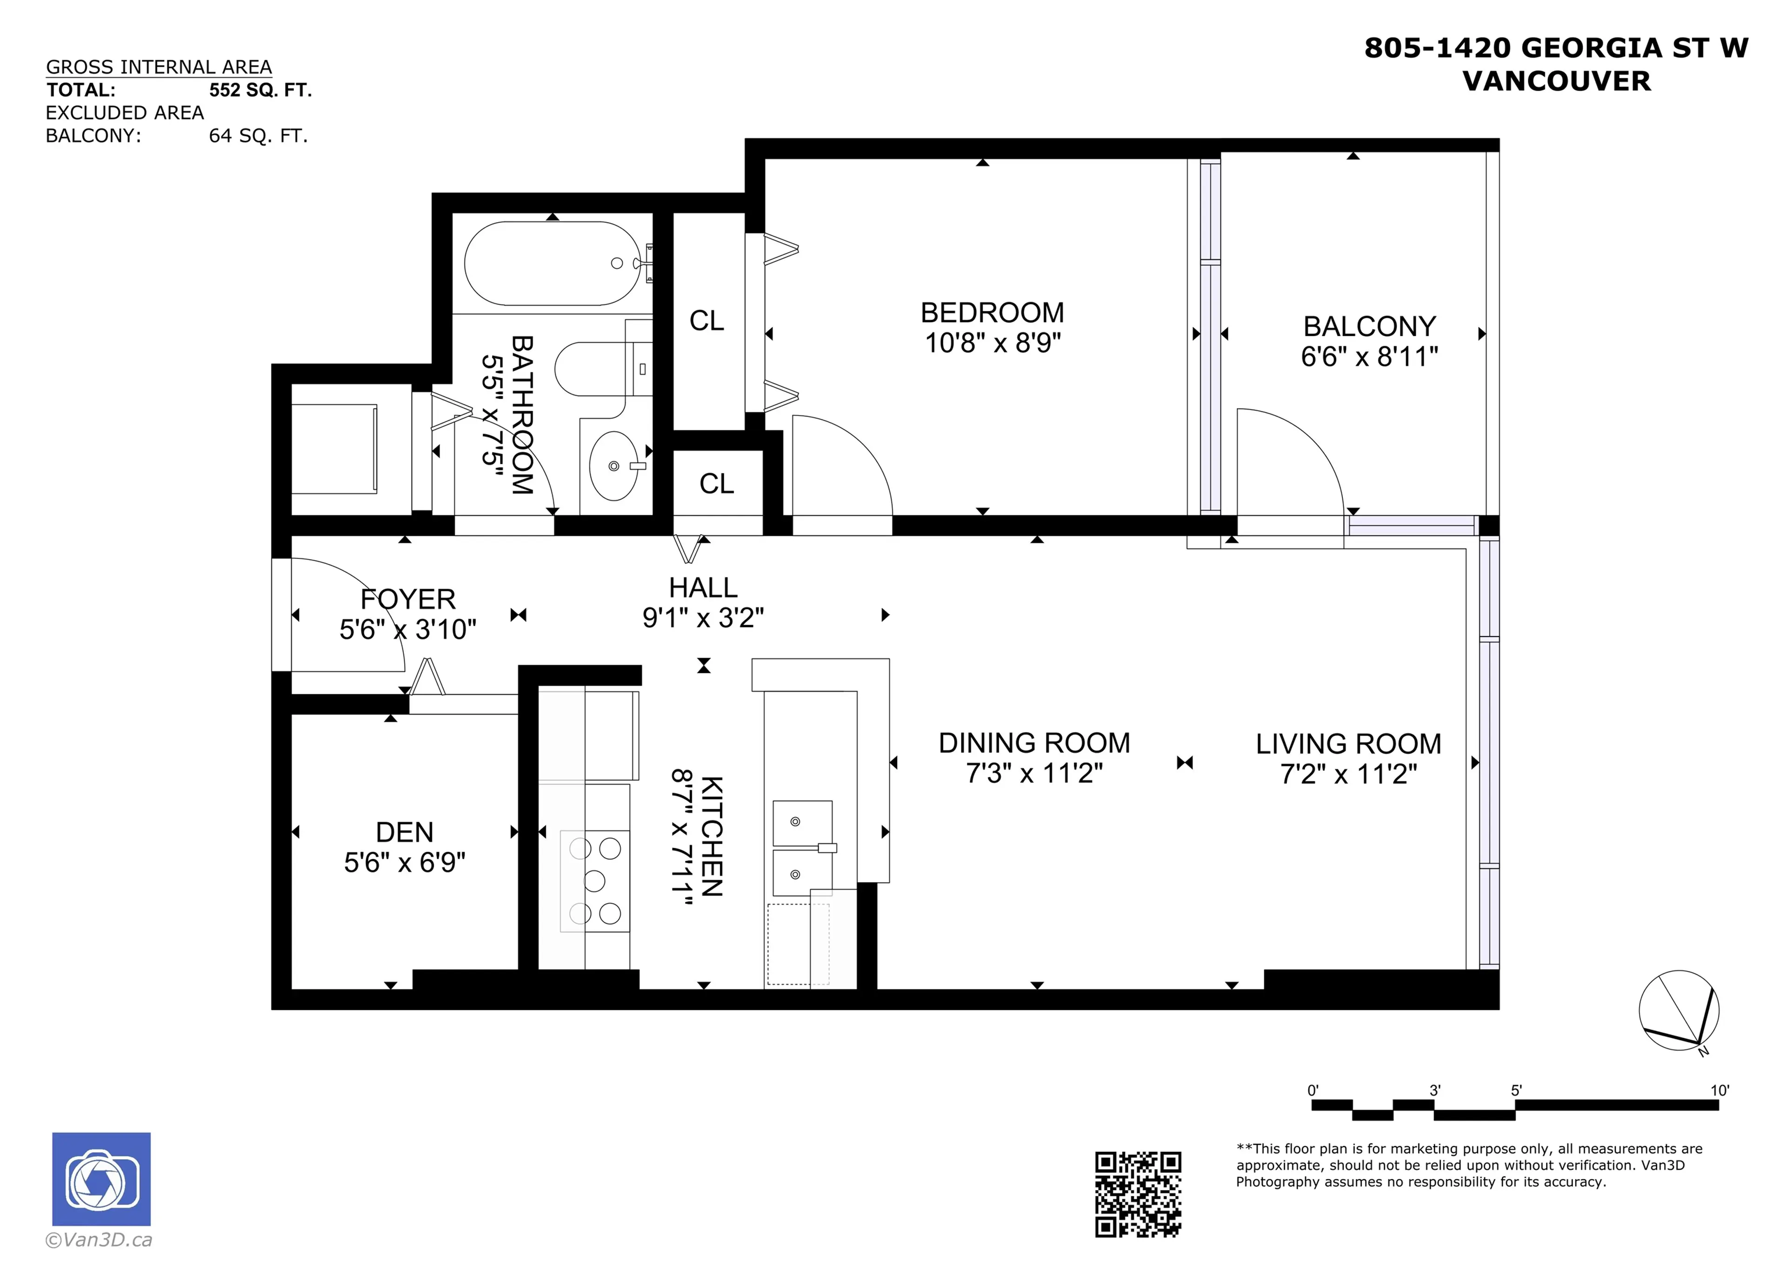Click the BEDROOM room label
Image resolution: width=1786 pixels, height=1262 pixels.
point(992,312)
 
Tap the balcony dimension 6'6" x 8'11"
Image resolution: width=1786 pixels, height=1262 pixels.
point(1369,357)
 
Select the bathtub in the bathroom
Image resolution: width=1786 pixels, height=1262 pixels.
point(552,264)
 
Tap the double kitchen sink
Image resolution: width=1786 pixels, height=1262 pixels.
point(802,848)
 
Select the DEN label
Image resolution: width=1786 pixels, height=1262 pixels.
point(405,832)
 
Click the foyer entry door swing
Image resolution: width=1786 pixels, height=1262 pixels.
point(350,614)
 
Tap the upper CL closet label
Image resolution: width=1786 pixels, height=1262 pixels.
point(706,320)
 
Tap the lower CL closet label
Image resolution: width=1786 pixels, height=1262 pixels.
point(716,483)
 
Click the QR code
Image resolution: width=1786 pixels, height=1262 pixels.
point(1138,1194)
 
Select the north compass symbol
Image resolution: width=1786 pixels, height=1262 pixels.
point(1679,1011)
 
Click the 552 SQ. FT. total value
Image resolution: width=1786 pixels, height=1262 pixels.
point(260,90)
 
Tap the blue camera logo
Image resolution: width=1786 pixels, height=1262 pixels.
point(101,1179)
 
